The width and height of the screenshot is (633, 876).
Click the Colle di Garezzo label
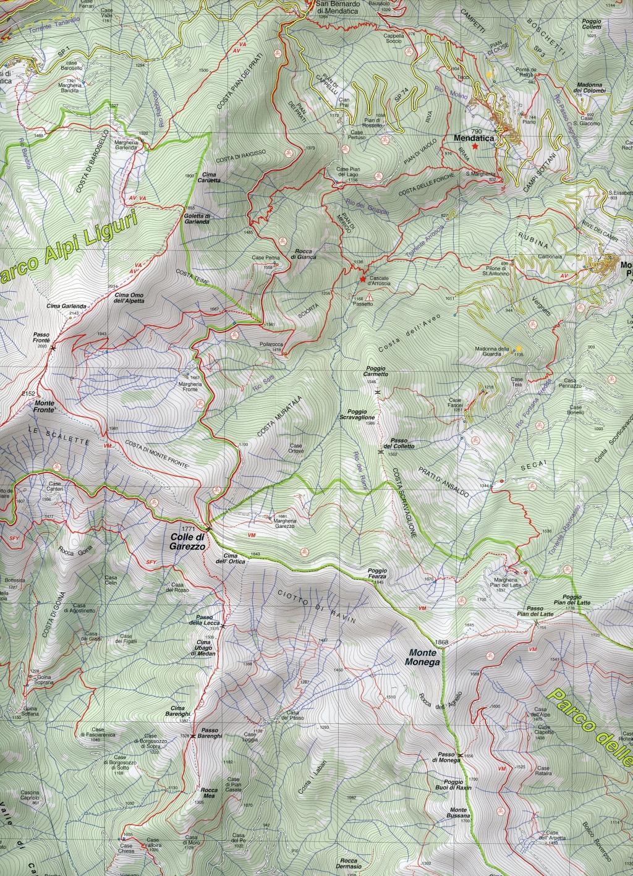tap(189, 542)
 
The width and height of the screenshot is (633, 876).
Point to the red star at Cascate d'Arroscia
tap(363, 279)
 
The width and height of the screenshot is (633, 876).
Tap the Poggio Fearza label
tap(376, 573)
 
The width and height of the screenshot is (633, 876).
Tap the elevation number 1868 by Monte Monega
tap(441, 642)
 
